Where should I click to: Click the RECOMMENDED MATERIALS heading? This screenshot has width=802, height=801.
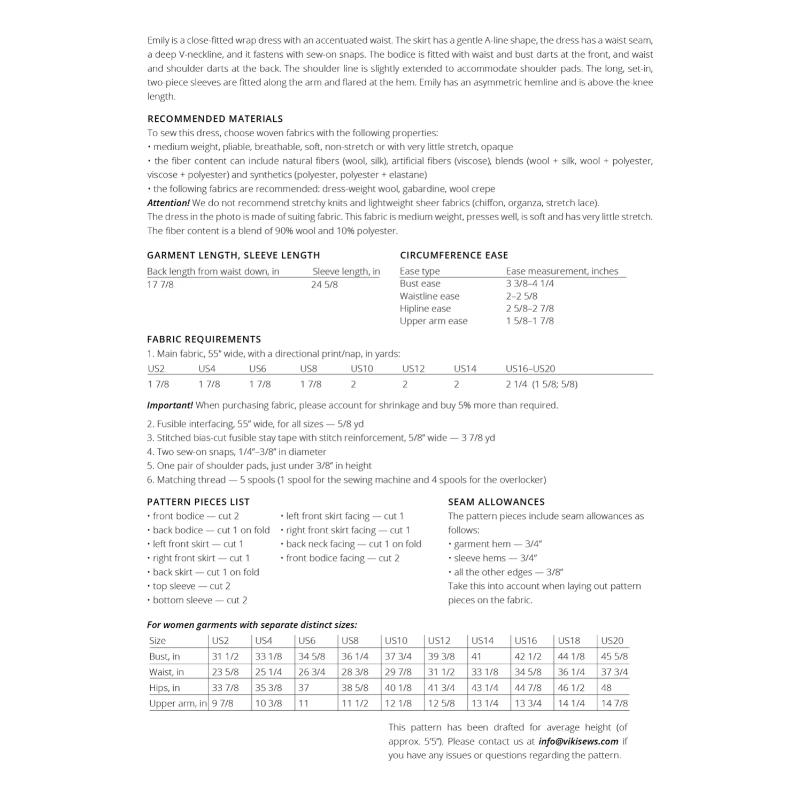[215, 119]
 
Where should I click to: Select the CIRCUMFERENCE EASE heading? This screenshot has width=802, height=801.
[454, 255]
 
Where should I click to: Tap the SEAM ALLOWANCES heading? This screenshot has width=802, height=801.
[496, 502]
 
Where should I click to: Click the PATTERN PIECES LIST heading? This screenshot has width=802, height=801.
[198, 502]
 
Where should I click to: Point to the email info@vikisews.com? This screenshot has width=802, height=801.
[579, 741]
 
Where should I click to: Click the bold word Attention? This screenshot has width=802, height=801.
[168, 203]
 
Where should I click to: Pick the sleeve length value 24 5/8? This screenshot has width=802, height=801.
[325, 284]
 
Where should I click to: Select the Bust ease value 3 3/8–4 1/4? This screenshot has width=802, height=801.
[530, 283]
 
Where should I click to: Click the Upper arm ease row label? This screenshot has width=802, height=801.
[434, 321]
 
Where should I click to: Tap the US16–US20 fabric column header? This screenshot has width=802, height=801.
[530, 368]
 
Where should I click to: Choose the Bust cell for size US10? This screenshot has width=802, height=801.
[398, 656]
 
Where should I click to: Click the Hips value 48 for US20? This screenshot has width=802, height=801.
[606, 688]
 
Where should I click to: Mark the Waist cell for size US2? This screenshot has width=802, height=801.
[225, 672]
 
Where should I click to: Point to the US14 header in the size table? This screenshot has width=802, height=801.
[482, 640]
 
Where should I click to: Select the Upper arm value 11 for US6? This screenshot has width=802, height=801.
[304, 703]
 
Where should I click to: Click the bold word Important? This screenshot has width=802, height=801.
[169, 405]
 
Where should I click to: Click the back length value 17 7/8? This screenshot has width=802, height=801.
[160, 284]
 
